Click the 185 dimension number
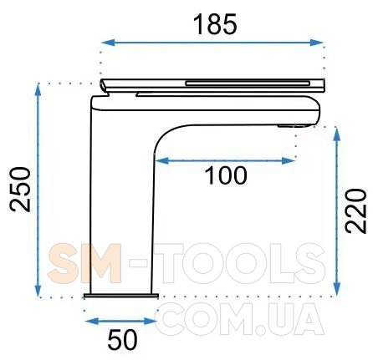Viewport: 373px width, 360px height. pos(215,25)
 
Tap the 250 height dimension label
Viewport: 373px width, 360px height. pos(19,190)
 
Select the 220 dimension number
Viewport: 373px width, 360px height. pos(355,210)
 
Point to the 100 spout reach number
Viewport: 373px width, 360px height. pos(226,175)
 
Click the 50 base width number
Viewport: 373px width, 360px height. pos(123,340)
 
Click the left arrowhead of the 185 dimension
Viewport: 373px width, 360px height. pos(108,43)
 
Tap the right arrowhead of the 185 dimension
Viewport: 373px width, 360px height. pos(316,43)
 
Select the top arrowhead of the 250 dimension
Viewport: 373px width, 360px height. pos(38,89)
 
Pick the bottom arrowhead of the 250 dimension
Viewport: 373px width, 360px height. pos(38,291)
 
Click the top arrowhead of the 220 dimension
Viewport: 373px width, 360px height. pos(337,134)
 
